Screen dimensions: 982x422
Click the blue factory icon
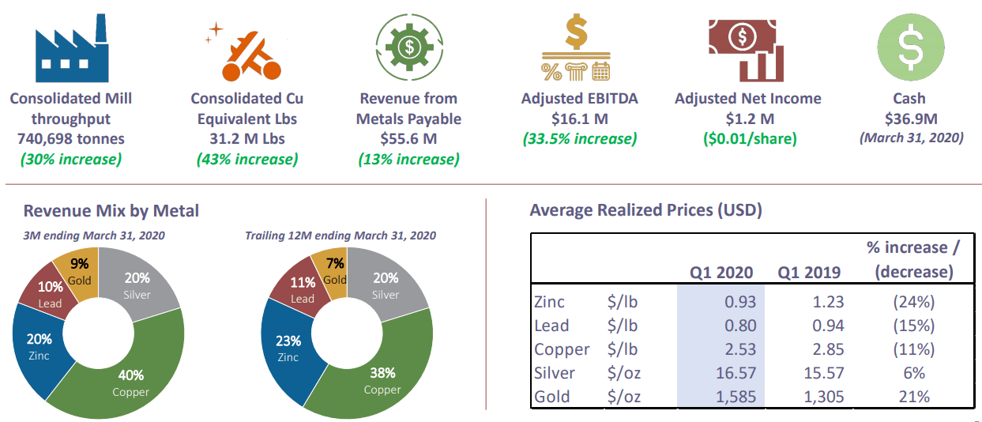pyautogui.click(x=71, y=48)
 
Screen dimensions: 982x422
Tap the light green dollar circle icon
pyautogui.click(x=911, y=47)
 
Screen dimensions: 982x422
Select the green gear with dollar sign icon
pyautogui.click(x=409, y=47)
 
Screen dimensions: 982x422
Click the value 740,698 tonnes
pyautogui.click(x=71, y=138)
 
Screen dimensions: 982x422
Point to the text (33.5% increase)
pyautogui.click(x=580, y=138)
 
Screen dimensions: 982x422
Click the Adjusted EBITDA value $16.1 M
pyautogui.click(x=580, y=119)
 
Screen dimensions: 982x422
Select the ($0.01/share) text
pyautogui.click(x=750, y=138)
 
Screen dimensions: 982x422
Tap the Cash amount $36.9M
pyautogui.click(x=911, y=119)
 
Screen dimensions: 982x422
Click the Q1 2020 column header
pyautogui.click(x=721, y=273)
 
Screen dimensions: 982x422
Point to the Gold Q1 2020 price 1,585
pyautogui.click(x=736, y=397)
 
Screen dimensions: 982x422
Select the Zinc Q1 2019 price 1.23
pyautogui.click(x=828, y=302)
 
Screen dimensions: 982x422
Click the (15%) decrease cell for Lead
pyautogui.click(x=914, y=326)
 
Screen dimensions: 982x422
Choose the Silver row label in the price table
pyautogui.click(x=555, y=373)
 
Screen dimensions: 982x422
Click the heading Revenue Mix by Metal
pyautogui.click(x=111, y=211)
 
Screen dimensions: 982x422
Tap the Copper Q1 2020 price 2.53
pyautogui.click(x=740, y=349)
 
